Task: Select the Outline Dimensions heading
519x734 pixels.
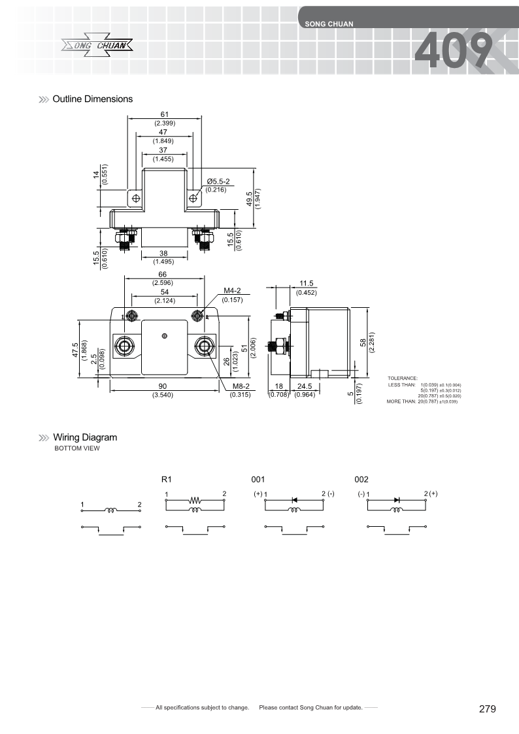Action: click(x=92, y=99)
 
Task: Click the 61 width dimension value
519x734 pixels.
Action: click(x=164, y=115)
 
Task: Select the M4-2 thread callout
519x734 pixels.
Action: click(x=233, y=292)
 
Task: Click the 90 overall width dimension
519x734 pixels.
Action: click(x=163, y=386)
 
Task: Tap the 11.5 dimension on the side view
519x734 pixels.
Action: click(x=306, y=284)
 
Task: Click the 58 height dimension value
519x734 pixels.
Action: click(x=364, y=342)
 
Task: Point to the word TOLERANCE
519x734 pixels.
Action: click(x=402, y=378)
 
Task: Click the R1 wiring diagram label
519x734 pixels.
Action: click(x=166, y=479)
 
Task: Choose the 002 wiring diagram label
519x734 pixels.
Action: click(x=361, y=479)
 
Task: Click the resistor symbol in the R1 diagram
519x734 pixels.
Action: click(x=195, y=501)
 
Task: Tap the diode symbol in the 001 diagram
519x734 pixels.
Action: click(x=294, y=500)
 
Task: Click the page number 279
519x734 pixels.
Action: click(x=487, y=709)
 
